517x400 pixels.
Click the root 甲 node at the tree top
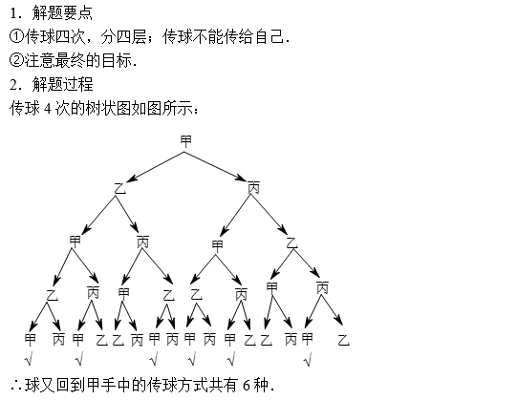pyautogui.click(x=185, y=141)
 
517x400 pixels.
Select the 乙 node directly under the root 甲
pyautogui.click(x=120, y=188)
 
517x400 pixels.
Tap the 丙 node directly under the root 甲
pyautogui.click(x=254, y=187)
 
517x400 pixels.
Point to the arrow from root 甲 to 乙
pyautogui.click(x=155, y=167)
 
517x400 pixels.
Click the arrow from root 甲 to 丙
pyautogui.click(x=215, y=166)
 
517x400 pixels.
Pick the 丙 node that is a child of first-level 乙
pyautogui.click(x=142, y=242)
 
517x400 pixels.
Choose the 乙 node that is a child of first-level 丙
pyautogui.click(x=291, y=243)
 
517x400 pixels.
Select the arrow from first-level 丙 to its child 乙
pyautogui.click(x=269, y=215)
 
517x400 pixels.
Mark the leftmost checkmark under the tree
pyautogui.click(x=29, y=359)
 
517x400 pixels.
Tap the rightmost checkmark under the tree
pyautogui.click(x=308, y=360)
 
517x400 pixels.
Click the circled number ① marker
pyautogui.click(x=16, y=36)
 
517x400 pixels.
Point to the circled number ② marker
pyautogui.click(x=16, y=60)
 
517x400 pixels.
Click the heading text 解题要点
pyautogui.click(x=62, y=12)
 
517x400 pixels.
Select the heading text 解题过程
pyautogui.click(x=62, y=84)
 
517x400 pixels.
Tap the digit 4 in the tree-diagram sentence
pyautogui.click(x=48, y=108)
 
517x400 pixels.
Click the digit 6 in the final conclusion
pyautogui.click(x=247, y=385)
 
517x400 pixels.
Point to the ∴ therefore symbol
pyautogui.click(x=16, y=385)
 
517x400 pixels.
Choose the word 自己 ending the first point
pyautogui.click(x=269, y=36)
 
